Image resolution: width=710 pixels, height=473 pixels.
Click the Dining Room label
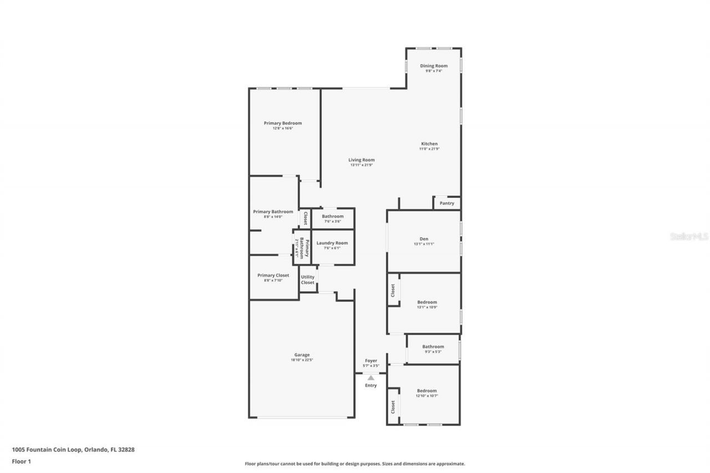(433, 66)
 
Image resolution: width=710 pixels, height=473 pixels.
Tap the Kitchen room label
(429, 144)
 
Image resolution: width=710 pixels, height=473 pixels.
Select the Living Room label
(361, 160)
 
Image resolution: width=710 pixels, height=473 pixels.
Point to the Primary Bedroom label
(282, 123)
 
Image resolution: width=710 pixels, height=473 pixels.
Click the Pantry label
(447, 204)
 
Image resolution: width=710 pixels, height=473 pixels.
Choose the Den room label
(424, 239)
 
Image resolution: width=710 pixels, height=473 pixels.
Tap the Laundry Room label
(332, 243)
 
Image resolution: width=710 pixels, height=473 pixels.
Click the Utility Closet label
(307, 279)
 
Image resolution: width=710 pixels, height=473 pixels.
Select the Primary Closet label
(273, 275)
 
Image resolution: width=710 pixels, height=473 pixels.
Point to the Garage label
(302, 355)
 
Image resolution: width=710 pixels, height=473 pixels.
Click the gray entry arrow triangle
(371, 378)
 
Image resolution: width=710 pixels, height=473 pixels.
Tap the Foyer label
(371, 361)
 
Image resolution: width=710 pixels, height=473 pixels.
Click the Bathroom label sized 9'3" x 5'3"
(433, 347)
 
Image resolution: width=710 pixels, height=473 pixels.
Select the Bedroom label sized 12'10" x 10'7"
(427, 391)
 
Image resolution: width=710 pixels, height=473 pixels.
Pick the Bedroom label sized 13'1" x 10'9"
(427, 302)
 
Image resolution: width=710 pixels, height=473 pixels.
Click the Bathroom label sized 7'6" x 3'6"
(332, 216)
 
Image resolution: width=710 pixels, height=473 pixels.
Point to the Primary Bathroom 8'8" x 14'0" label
(273, 212)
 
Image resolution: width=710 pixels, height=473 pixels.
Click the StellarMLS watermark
(689, 236)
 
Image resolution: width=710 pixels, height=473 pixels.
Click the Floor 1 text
(21, 461)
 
